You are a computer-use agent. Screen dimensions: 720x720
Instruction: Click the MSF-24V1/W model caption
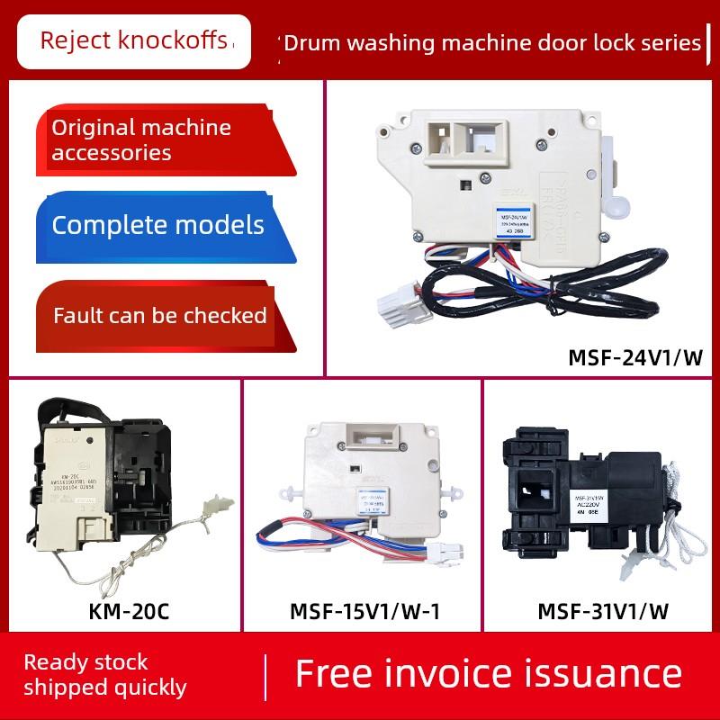tap(634, 358)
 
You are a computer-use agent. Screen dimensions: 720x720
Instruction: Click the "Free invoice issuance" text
tap(489, 674)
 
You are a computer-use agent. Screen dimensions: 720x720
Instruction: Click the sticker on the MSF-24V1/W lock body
tap(515, 221)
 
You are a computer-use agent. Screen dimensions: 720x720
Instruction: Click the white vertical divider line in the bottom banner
tap(267, 675)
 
